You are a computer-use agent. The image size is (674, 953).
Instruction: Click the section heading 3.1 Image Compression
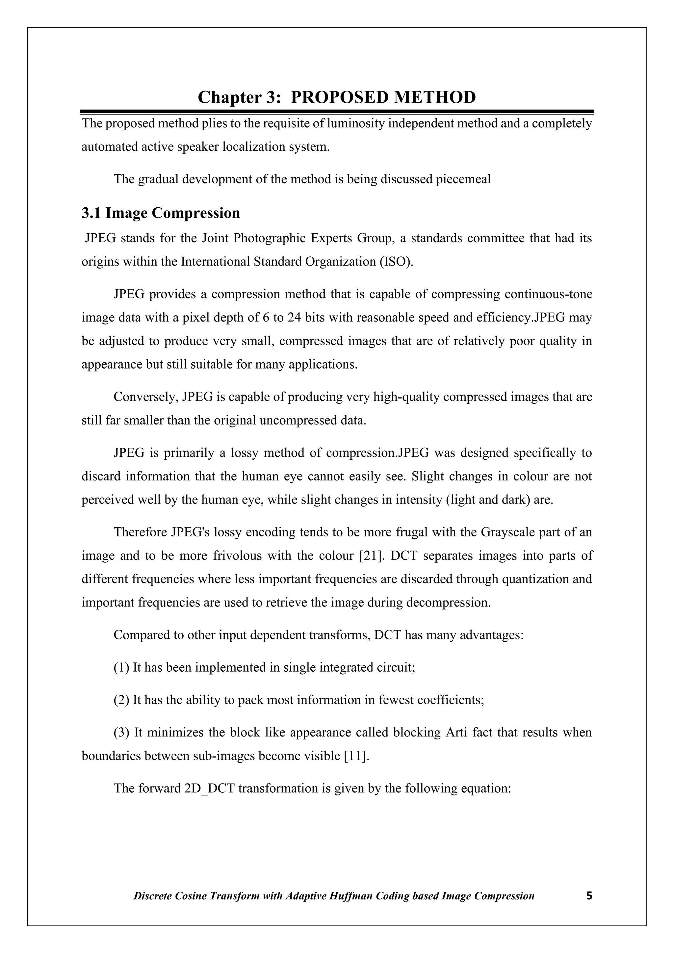click(x=161, y=213)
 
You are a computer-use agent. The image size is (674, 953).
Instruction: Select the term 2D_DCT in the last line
click(x=209, y=788)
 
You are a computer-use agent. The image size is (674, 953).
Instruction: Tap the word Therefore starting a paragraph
click(x=140, y=532)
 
